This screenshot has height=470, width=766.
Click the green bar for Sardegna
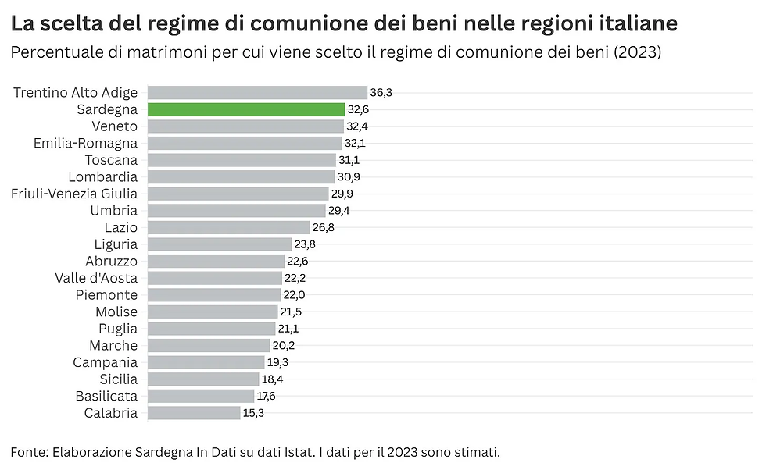(245, 109)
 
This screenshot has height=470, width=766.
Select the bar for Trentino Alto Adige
(257, 92)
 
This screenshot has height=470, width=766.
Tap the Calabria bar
(193, 413)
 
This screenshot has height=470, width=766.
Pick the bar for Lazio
(228, 227)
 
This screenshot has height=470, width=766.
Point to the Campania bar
(206, 362)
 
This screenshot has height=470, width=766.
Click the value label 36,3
(381, 92)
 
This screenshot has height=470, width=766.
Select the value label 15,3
(253, 413)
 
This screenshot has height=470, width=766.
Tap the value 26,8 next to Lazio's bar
(324, 227)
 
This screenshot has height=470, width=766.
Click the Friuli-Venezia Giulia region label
(74, 194)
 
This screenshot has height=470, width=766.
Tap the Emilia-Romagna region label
(85, 143)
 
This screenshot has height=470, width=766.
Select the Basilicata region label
(106, 397)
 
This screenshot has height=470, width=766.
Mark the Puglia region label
(118, 329)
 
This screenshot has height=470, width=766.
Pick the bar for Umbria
(236, 211)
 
